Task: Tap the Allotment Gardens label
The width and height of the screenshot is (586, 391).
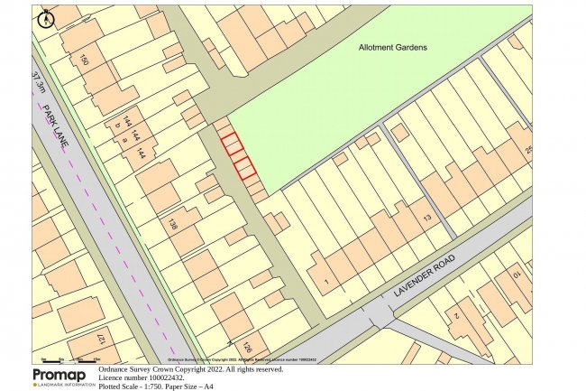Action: point(393,47)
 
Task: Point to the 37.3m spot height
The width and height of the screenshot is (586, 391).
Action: point(37,82)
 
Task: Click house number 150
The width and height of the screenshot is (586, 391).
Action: point(85,61)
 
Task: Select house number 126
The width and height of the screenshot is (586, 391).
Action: point(247,347)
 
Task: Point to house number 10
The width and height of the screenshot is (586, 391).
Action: point(517,272)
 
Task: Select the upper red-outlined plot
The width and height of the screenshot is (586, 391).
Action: point(233,143)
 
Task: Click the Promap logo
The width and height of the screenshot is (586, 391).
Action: point(60,377)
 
